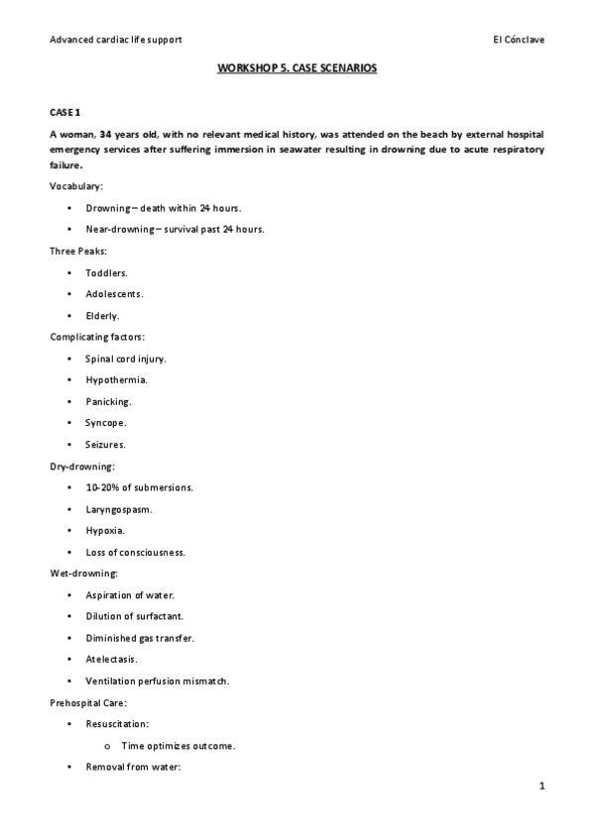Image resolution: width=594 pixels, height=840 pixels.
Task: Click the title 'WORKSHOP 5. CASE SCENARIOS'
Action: tap(297, 71)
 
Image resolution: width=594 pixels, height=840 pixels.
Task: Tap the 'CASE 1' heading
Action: tap(65, 115)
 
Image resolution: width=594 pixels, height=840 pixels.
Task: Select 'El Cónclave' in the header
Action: tap(518, 40)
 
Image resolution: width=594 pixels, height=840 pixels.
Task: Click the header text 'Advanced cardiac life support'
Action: tap(115, 40)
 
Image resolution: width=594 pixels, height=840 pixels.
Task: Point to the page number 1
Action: tap(541, 787)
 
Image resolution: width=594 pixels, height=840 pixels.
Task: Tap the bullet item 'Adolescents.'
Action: tap(114, 294)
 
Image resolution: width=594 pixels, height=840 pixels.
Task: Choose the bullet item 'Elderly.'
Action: tap(102, 315)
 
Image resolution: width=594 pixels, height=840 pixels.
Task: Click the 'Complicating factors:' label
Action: tap(96, 337)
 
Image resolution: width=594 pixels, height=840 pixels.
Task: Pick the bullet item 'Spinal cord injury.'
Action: tap(126, 359)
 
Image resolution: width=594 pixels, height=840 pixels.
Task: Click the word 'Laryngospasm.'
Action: tap(119, 509)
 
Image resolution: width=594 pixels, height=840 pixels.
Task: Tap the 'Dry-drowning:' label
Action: tap(82, 466)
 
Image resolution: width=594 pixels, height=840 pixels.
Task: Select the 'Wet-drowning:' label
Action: tap(84, 574)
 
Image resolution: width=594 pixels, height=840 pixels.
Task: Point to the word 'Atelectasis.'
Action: tap(112, 659)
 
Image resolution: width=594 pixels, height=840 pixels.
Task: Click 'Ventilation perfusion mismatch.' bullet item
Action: tap(158, 681)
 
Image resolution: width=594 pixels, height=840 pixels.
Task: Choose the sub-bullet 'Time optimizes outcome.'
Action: tap(178, 745)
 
